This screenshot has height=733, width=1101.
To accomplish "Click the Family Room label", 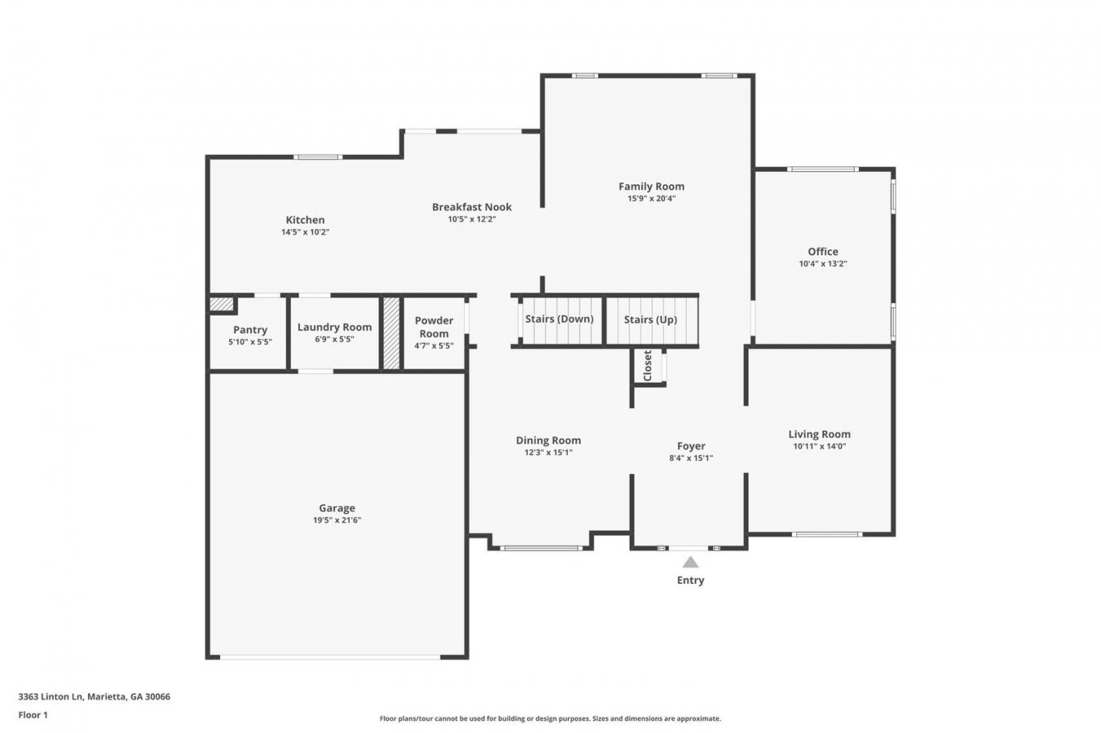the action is click(x=652, y=187).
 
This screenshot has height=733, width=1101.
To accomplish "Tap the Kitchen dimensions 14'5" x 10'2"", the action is click(x=305, y=232).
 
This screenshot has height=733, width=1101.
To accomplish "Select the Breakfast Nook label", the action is click(x=472, y=207).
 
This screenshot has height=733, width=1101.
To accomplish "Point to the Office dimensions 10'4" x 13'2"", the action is click(x=823, y=264).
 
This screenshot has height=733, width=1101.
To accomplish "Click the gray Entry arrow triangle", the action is click(x=691, y=562).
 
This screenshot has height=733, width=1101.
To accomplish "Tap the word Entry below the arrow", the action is click(x=691, y=581).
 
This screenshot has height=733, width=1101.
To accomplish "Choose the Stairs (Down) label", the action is click(x=559, y=320).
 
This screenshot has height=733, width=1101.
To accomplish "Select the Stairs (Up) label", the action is click(x=650, y=320).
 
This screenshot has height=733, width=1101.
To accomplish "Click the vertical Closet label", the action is click(x=648, y=365).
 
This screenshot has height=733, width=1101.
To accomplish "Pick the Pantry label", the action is click(x=250, y=329).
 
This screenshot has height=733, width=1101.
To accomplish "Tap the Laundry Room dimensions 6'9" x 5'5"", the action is click(x=334, y=339).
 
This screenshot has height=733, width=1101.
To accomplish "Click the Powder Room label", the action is click(x=434, y=327).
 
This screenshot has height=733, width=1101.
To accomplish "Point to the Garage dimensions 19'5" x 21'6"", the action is click(x=337, y=520).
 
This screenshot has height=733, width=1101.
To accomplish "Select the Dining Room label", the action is click(x=548, y=440).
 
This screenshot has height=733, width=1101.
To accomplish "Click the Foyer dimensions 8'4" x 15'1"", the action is click(x=691, y=458).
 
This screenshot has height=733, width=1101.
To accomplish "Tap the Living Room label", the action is click(x=820, y=435).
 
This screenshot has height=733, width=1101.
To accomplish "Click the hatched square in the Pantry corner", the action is click(x=221, y=305).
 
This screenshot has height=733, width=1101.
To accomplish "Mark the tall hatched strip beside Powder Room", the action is click(x=391, y=333).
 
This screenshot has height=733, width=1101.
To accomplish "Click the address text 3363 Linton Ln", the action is click(x=51, y=696).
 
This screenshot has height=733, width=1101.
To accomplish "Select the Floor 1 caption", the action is click(x=33, y=715).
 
